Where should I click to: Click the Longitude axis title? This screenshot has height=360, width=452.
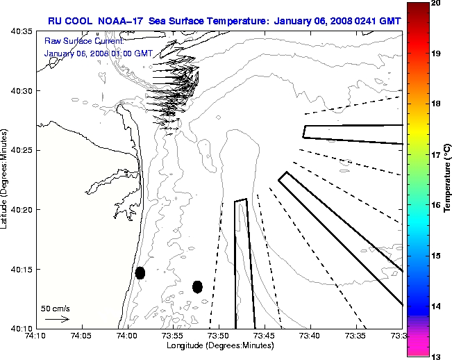(219, 346)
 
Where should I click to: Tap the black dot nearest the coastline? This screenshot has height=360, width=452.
(140, 272)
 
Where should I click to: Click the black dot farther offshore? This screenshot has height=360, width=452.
(197, 286)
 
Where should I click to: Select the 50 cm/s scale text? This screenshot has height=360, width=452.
(56, 308)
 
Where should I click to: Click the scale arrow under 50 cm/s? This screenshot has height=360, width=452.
(57, 319)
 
